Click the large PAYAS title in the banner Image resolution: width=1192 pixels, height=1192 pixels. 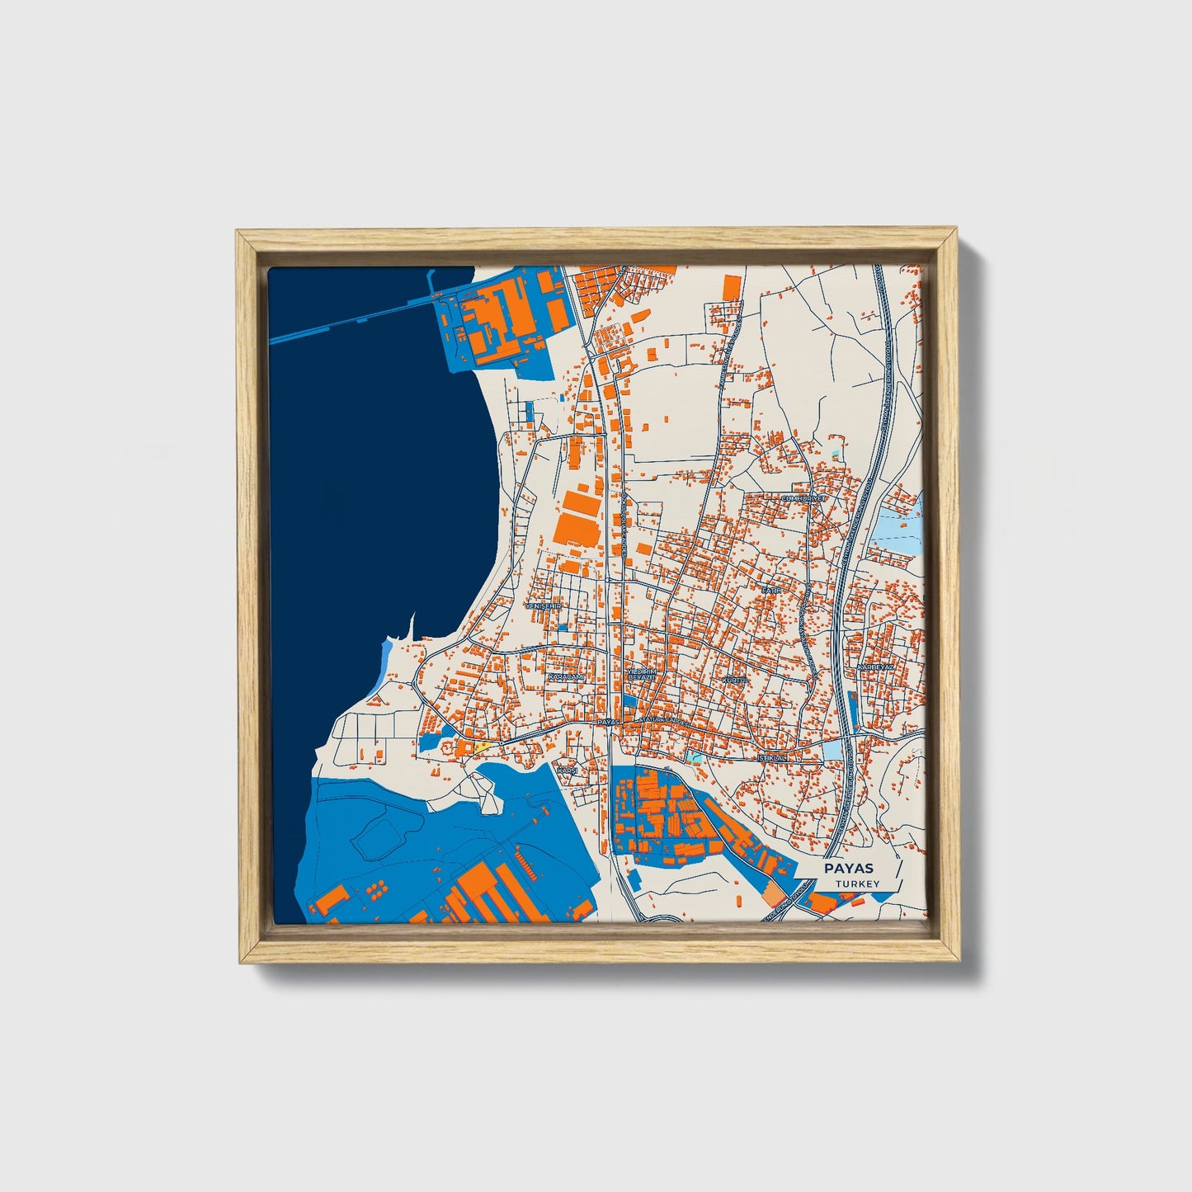point(849,869)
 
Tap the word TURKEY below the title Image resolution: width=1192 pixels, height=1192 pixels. point(857,884)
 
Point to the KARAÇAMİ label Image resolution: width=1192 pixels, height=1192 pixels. point(566,677)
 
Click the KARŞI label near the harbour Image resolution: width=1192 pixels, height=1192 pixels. point(568,770)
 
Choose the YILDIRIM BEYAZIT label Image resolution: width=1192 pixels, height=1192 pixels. point(641,675)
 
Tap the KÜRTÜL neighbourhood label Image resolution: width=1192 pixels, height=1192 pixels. point(733,680)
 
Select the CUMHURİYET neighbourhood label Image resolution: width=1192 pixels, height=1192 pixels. point(803,498)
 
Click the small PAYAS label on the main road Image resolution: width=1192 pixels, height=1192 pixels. point(608,722)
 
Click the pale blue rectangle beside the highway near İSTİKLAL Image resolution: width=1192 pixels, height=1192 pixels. point(835,748)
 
